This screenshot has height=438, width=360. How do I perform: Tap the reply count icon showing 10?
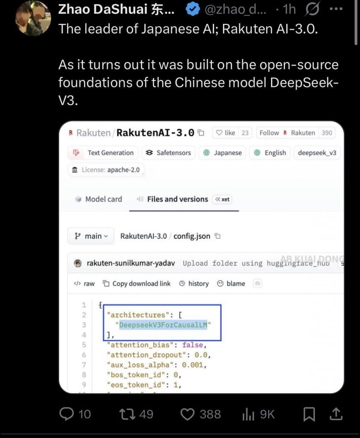tap(67, 414)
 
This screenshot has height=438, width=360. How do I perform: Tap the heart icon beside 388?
tap(187, 414)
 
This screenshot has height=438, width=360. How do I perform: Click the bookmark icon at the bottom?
tap(309, 414)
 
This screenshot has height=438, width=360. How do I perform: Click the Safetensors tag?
tap(168, 153)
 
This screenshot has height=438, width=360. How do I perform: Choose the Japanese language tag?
tap(222, 153)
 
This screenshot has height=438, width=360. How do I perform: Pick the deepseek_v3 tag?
tap(317, 153)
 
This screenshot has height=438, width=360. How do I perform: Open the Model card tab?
tap(98, 199)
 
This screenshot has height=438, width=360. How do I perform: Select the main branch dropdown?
tap(91, 236)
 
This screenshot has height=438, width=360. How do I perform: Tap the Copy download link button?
tap(136, 284)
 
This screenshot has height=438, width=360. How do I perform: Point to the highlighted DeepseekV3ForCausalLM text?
tap(163, 325)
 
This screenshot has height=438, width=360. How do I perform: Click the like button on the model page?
tap(226, 133)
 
